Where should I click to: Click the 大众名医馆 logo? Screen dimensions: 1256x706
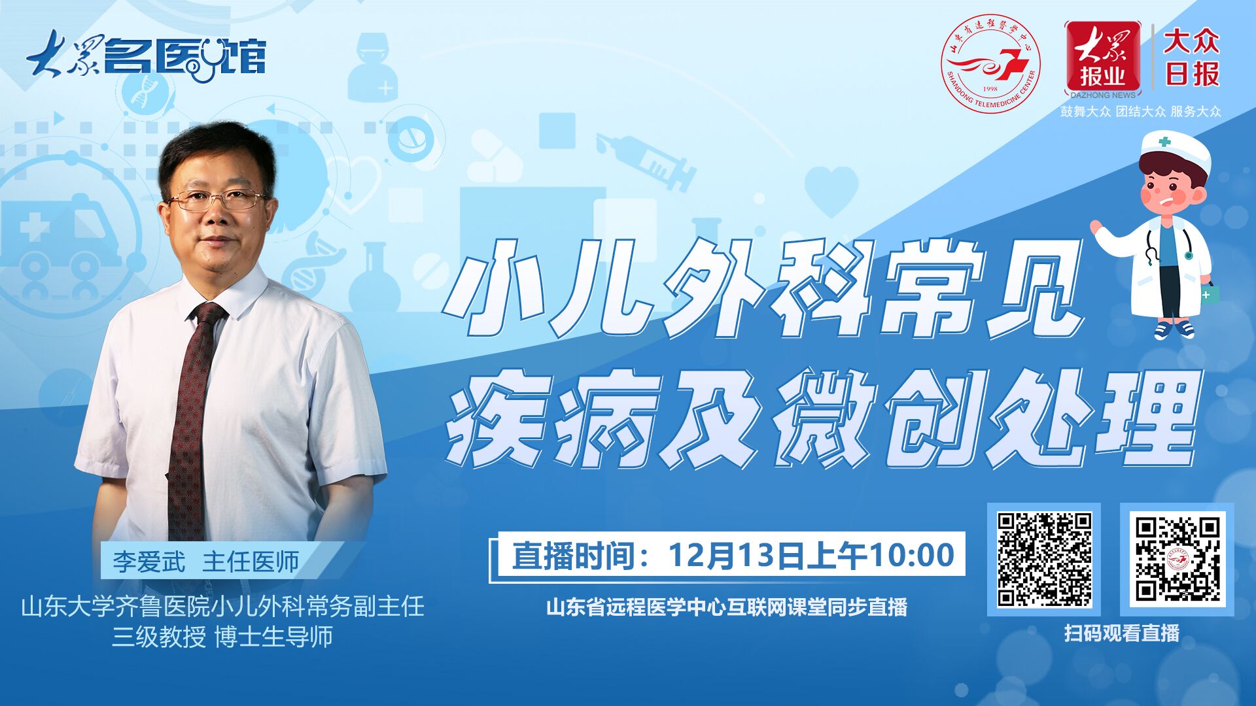coord(147,56)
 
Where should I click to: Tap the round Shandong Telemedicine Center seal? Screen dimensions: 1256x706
coord(990,63)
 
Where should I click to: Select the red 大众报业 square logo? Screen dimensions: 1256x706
coord(1102,59)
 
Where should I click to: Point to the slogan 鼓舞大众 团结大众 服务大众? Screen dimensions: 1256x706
coord(1140,111)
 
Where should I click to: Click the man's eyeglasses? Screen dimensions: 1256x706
coord(217,199)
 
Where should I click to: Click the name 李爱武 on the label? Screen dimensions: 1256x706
coord(149,562)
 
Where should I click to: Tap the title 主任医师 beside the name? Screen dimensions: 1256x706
coord(251,562)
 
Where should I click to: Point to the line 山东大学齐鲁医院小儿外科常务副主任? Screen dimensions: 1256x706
coord(223,606)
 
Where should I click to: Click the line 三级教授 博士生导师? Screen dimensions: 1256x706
coord(222,636)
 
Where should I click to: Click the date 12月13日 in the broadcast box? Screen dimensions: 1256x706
coord(737,555)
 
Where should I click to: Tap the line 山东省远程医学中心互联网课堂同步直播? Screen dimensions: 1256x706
coord(727,607)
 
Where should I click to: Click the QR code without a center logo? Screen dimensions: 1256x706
coord(1044,560)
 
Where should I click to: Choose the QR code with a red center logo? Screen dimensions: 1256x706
coord(1177,560)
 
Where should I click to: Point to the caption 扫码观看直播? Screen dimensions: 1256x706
coord(1121,633)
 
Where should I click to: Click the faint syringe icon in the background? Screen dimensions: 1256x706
coord(644,160)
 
